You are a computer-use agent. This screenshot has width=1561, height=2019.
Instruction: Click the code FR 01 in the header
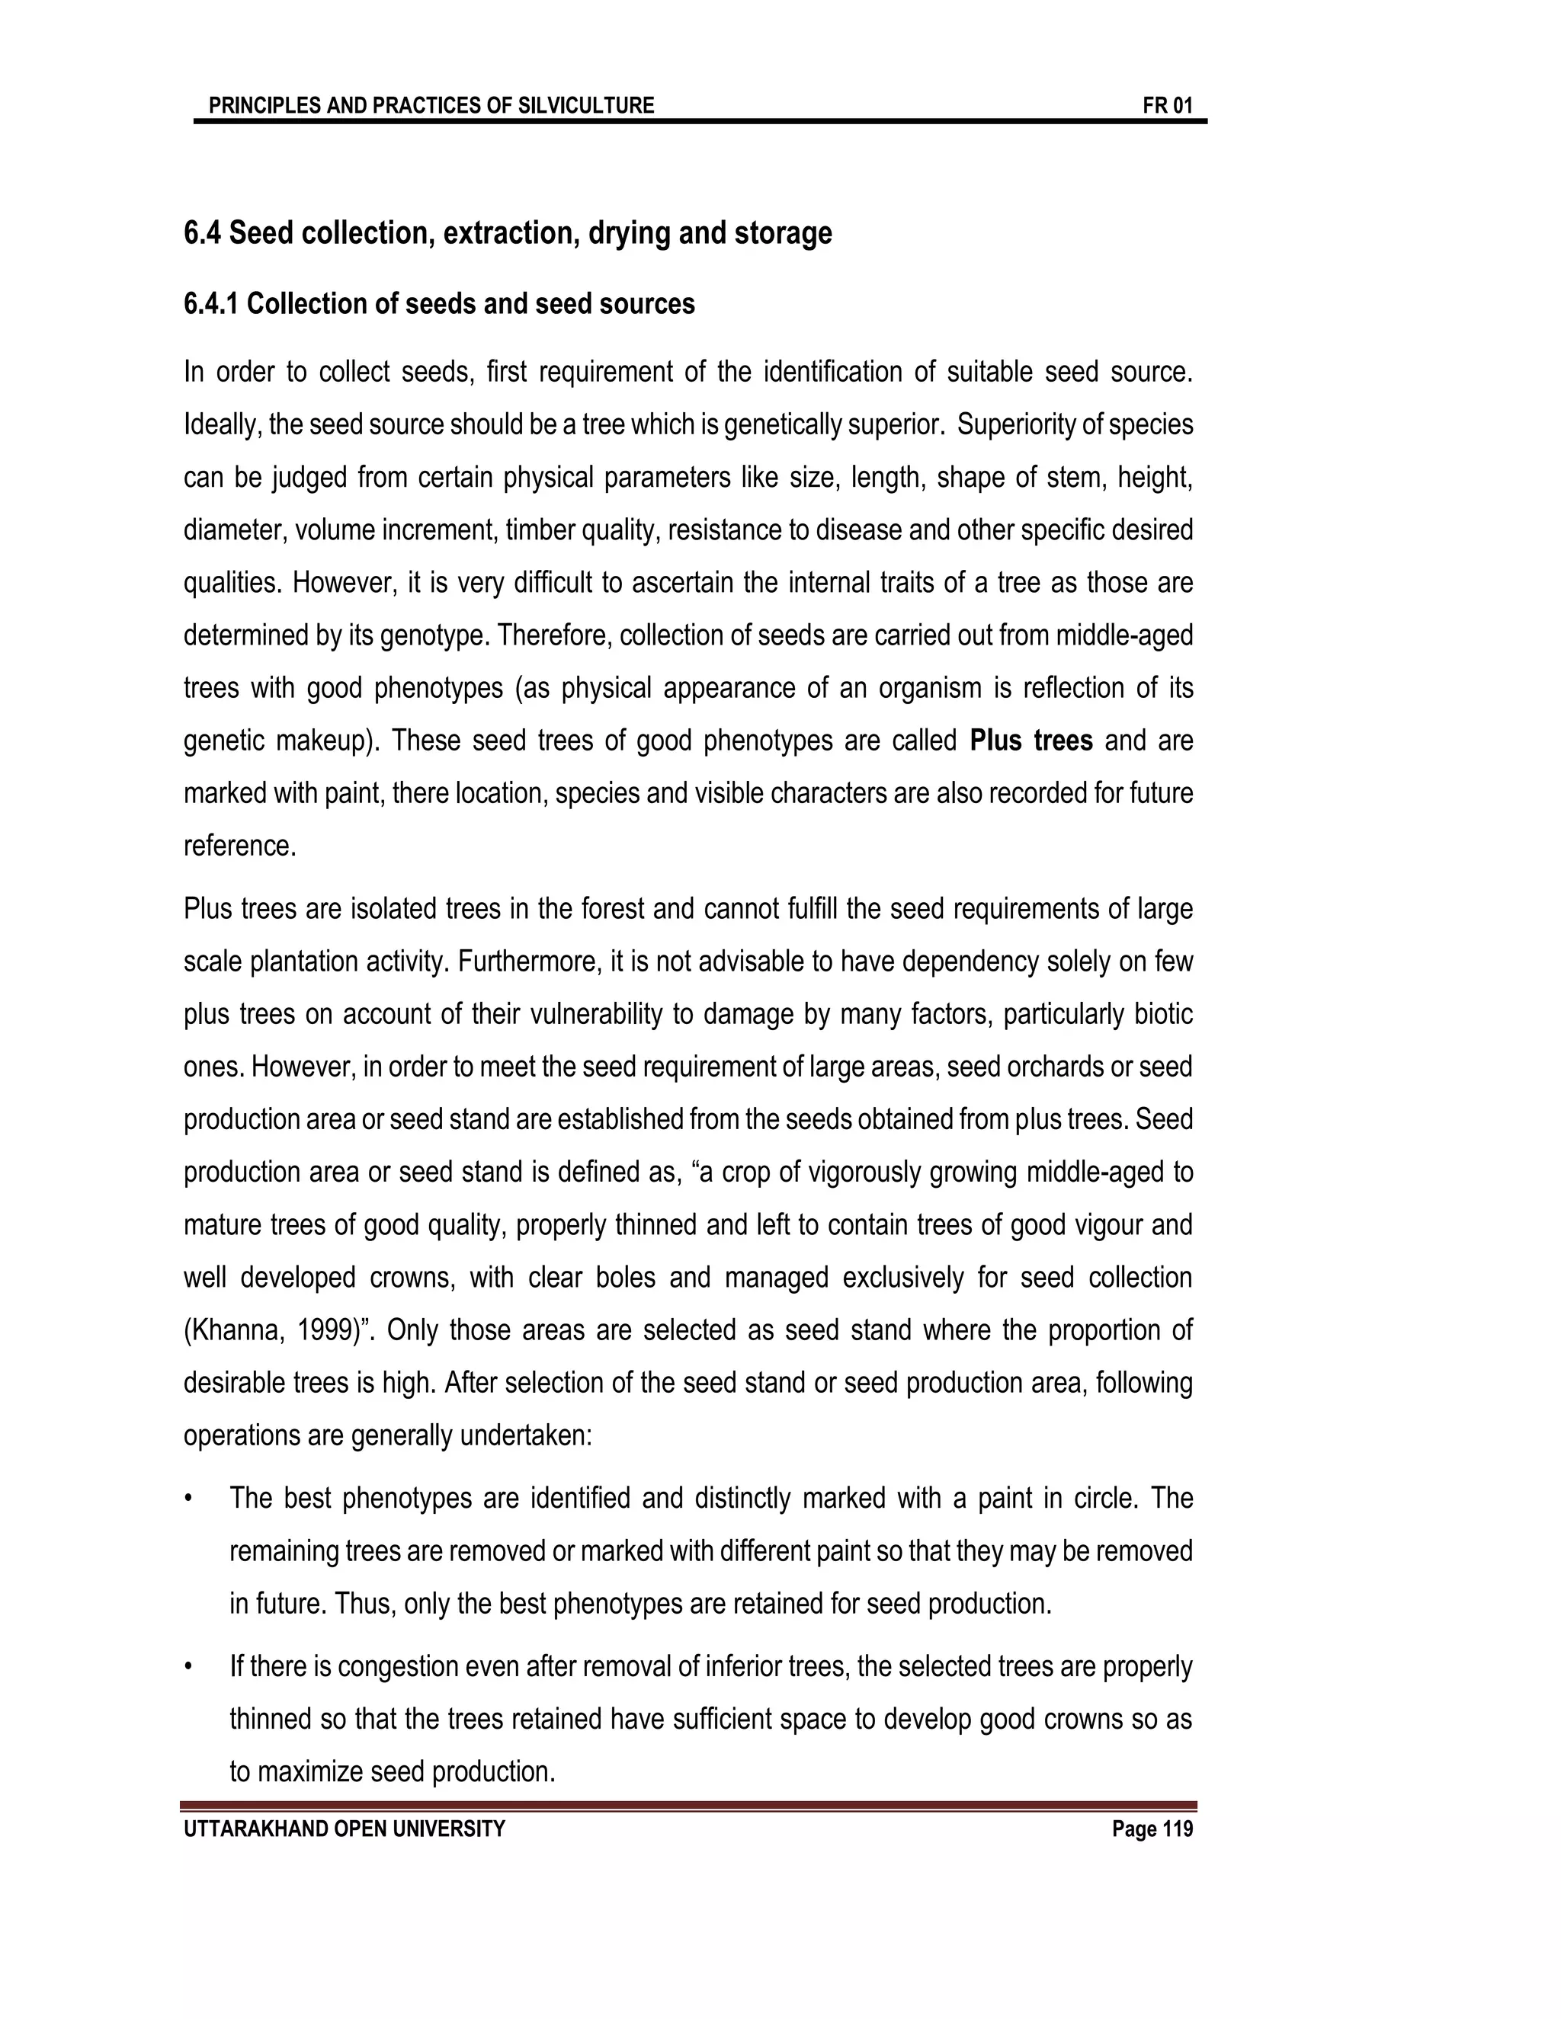point(1167,105)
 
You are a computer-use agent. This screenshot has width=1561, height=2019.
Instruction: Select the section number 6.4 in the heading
point(201,233)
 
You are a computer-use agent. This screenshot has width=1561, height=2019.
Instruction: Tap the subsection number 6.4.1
point(211,304)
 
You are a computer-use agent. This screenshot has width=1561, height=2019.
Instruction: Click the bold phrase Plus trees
point(1031,741)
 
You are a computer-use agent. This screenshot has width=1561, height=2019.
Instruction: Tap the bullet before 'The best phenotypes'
point(189,1499)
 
